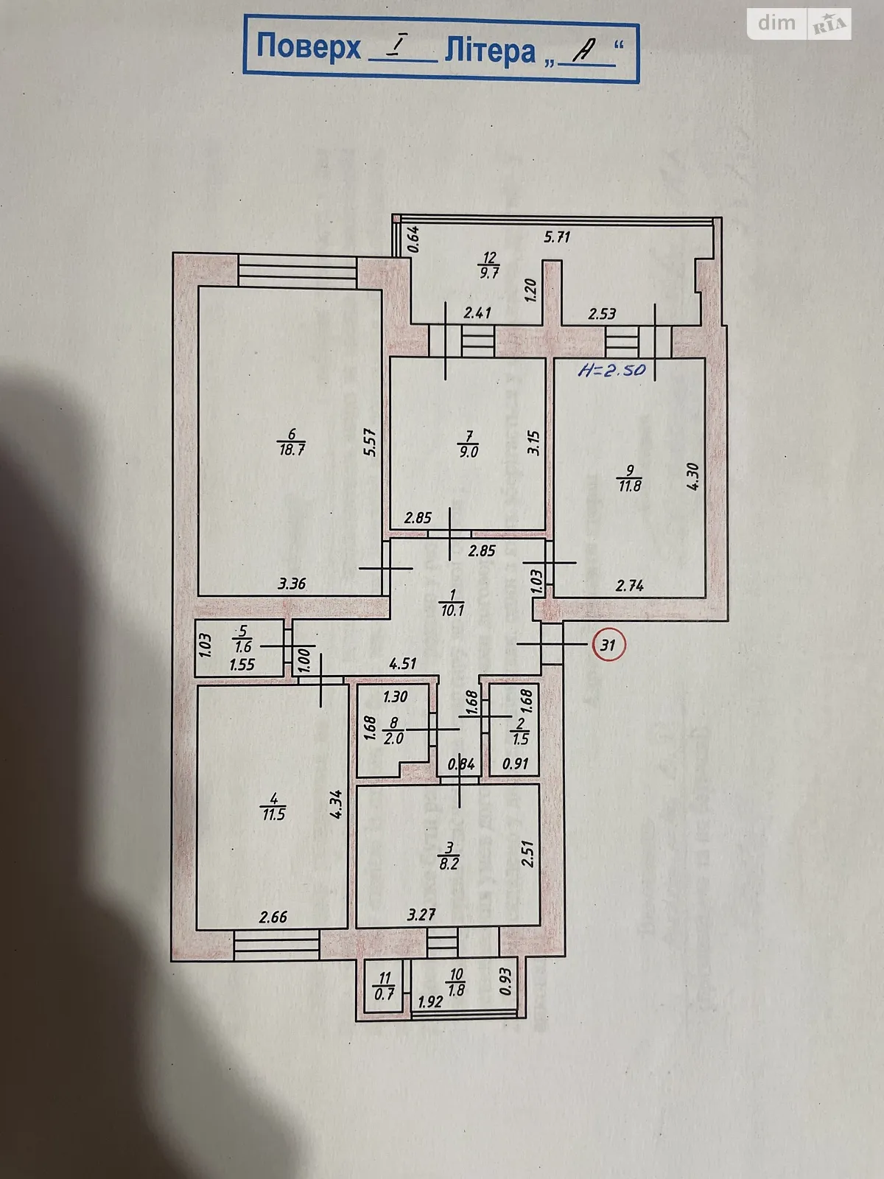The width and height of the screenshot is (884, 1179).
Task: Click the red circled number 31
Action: tap(608, 645)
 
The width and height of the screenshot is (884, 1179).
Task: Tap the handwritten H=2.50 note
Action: tap(611, 369)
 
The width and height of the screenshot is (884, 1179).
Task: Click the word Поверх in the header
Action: tap(309, 47)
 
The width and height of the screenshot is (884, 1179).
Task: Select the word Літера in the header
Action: tap(489, 51)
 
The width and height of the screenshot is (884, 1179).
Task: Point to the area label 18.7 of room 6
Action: tap(292, 449)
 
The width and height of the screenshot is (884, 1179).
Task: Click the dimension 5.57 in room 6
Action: tap(371, 442)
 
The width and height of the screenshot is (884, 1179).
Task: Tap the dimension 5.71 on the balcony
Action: tap(557, 237)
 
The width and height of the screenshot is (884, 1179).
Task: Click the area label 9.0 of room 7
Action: tap(469, 452)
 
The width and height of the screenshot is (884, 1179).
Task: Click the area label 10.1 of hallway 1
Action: tap(452, 610)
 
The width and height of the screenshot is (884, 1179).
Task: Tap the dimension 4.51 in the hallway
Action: tap(403, 663)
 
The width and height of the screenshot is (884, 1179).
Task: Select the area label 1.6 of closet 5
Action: tap(242, 647)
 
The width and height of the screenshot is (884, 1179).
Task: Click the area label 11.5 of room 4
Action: tap(273, 815)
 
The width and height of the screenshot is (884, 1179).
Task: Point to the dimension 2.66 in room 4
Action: tap(273, 917)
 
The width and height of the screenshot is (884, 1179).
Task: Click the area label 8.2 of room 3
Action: tap(449, 863)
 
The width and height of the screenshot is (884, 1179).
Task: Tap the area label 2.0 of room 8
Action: tap(394, 738)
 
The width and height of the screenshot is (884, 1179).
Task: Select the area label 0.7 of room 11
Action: tap(384, 993)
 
